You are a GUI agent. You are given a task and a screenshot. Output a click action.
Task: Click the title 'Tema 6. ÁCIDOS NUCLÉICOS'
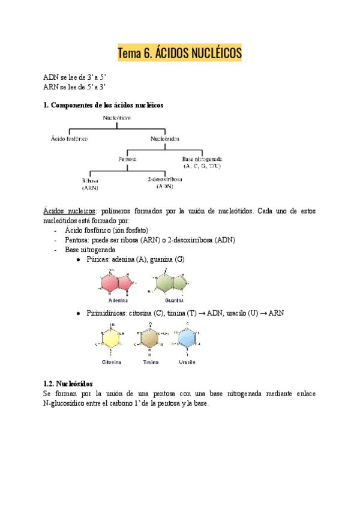point(179,53)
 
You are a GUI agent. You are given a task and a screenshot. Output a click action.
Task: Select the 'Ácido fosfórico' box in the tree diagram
point(70,139)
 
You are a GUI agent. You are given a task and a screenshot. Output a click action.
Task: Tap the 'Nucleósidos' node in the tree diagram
point(165,139)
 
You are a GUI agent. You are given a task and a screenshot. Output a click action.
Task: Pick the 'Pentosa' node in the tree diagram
point(127,159)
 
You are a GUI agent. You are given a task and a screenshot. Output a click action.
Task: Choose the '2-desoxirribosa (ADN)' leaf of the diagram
point(165,182)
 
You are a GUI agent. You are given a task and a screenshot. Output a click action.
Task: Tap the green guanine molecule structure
point(174,280)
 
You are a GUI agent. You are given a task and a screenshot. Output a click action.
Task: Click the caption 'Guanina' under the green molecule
point(174,300)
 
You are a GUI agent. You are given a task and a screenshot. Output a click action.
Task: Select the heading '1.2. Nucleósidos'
point(68,383)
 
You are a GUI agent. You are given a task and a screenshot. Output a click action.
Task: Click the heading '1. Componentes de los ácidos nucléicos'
point(103,105)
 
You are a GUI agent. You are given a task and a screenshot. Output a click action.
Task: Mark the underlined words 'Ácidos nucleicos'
point(69,211)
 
